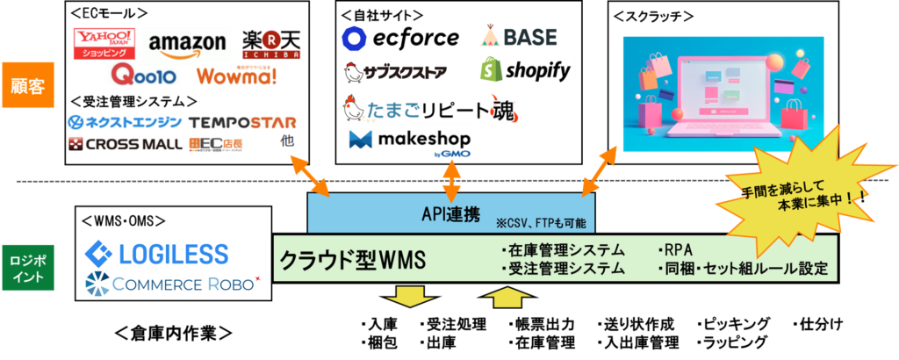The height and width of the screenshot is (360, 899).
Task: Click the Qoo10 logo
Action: pyautogui.click(x=144, y=75)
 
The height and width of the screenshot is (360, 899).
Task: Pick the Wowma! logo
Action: pyautogui.click(x=237, y=76)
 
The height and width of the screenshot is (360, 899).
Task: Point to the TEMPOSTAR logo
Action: pyautogui.click(x=242, y=122)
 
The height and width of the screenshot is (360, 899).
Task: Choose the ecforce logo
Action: pyautogui.click(x=400, y=38)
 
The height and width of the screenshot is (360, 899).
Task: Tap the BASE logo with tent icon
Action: pyautogui.click(x=520, y=36)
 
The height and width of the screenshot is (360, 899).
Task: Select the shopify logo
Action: pyautogui.click(x=527, y=69)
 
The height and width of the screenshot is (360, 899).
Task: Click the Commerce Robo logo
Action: pyautogui.click(x=172, y=284)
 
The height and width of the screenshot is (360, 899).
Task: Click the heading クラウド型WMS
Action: pyautogui.click(x=352, y=260)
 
